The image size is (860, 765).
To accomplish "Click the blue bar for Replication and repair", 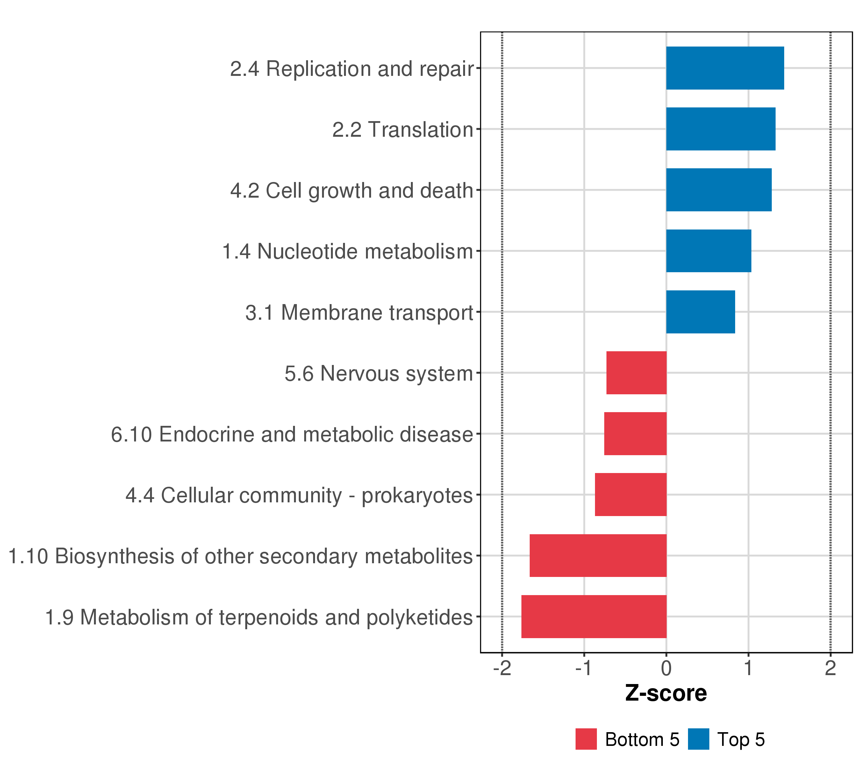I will pyautogui.click(x=725, y=68).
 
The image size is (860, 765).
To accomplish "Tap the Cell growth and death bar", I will pyautogui.click(x=719, y=190).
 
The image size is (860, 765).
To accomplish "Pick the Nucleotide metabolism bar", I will pyautogui.click(x=708, y=251).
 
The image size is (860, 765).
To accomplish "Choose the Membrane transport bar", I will pyautogui.click(x=700, y=312).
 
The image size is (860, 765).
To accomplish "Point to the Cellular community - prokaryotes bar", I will pyautogui.click(x=630, y=495).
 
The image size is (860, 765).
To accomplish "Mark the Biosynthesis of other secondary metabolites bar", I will pyautogui.click(x=598, y=556).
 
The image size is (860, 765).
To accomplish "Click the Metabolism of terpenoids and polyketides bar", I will pyautogui.click(x=594, y=616).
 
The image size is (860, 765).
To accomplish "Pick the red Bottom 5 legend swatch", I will pyautogui.click(x=586, y=739).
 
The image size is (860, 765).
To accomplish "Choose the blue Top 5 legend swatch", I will pyautogui.click(x=699, y=739).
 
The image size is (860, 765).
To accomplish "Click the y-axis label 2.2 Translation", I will pyautogui.click(x=403, y=130).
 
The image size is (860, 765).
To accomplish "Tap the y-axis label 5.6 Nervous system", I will pyautogui.click(x=379, y=374).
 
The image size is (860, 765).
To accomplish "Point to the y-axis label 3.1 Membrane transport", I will pyautogui.click(x=359, y=313).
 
